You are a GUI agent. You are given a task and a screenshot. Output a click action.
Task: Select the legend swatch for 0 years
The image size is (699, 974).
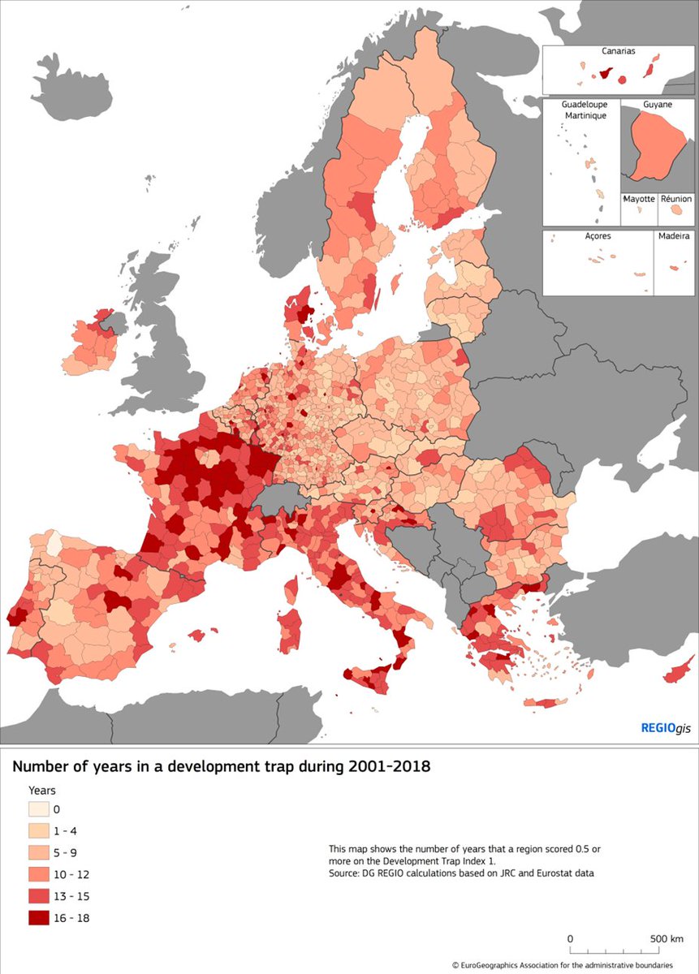click(38, 809)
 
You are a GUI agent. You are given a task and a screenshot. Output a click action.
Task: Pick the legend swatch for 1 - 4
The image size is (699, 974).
click(38, 831)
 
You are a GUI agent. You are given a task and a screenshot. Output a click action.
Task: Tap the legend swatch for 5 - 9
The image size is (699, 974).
click(38, 853)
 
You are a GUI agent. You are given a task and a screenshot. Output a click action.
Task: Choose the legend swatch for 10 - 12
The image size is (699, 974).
click(38, 875)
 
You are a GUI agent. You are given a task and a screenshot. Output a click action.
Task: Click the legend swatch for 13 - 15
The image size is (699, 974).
click(38, 897)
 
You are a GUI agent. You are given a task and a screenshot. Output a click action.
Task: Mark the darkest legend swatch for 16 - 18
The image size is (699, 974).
click(38, 919)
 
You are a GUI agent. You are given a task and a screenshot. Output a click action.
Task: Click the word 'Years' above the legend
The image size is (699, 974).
click(42, 790)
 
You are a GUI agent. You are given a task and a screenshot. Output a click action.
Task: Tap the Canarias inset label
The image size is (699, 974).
click(619, 51)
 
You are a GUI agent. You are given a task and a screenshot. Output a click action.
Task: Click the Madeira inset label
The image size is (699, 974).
click(675, 236)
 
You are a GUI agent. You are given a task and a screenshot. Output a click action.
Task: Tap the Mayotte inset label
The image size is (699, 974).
click(639, 199)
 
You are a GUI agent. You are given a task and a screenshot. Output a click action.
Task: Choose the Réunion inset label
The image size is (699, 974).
click(675, 199)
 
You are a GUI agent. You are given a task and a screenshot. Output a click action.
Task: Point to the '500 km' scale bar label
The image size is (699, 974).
click(667, 938)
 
